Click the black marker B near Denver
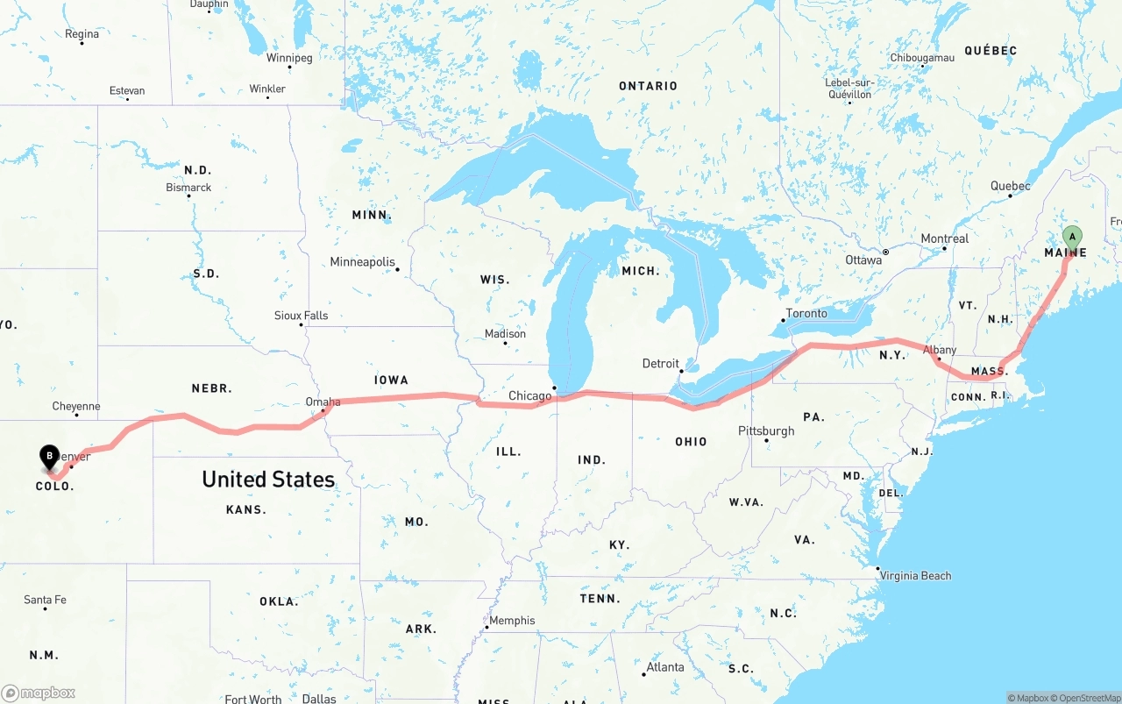pos(50,456)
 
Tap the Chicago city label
pos(529,396)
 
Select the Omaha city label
pos(323,402)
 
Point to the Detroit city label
pos(660,364)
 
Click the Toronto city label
pos(806,314)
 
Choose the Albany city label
pos(940,351)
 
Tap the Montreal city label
pos(944,239)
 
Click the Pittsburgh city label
pos(766,431)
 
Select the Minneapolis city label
pos(362,262)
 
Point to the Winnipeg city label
pos(289,59)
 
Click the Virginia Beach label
pos(916,576)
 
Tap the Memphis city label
pos(512,621)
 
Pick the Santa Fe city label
pos(45,601)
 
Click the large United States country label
pos(268,480)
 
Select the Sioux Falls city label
pos(301,316)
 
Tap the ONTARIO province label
pos(648,86)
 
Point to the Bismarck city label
pos(188,188)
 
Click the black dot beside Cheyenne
pos(76,415)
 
